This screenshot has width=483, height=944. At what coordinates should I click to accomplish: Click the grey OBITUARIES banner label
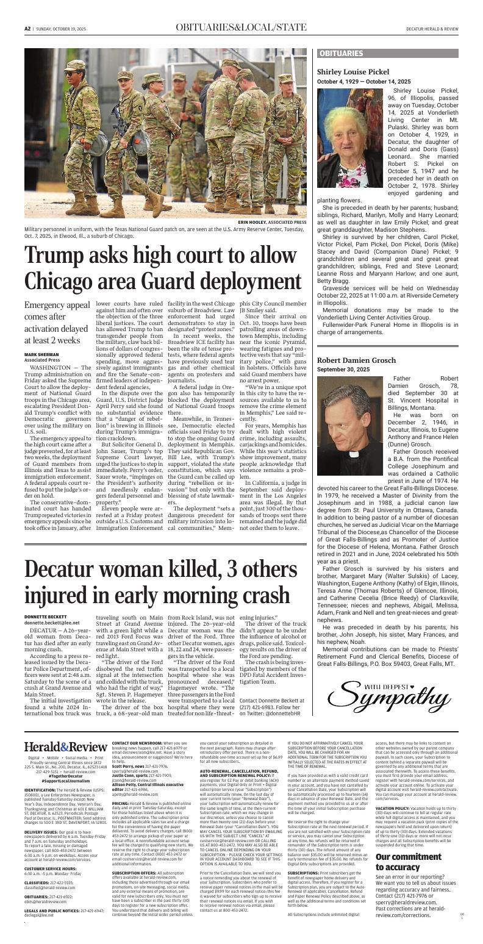341,54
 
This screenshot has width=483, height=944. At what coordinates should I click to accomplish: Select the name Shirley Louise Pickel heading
353,72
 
